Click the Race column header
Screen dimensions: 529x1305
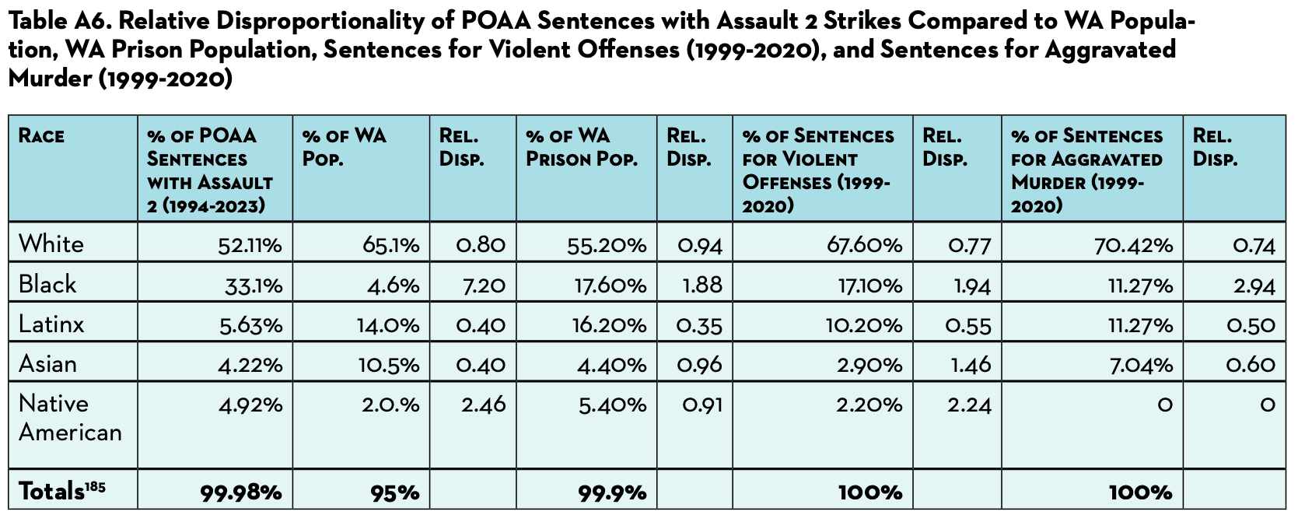(x=41, y=136)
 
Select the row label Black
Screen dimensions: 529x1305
(x=47, y=284)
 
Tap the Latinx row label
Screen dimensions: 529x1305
(x=51, y=324)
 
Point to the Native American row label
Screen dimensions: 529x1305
(x=70, y=418)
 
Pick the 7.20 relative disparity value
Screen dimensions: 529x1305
(x=484, y=286)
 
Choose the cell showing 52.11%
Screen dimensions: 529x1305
(x=250, y=246)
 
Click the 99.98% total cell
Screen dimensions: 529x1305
(x=241, y=492)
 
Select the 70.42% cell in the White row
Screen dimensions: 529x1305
(x=1140, y=246)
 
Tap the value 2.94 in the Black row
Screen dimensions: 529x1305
(x=1254, y=286)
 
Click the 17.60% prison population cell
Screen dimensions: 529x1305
(x=610, y=286)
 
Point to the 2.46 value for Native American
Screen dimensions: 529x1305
(x=483, y=405)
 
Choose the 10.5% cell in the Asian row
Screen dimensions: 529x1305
(x=389, y=365)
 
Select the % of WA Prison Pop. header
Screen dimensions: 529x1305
(x=581, y=148)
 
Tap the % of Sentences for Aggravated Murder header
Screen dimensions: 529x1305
(x=1086, y=170)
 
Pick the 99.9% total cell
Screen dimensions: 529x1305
(x=612, y=492)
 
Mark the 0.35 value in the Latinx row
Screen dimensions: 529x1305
(x=699, y=325)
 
